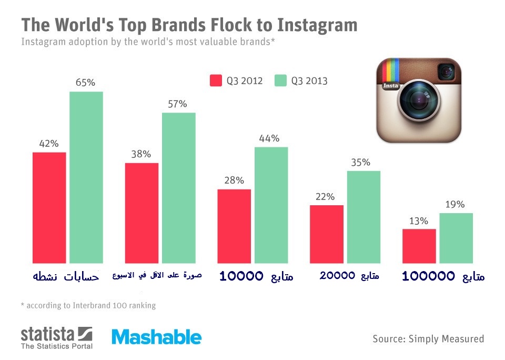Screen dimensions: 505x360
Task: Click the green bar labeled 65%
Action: tap(86, 177)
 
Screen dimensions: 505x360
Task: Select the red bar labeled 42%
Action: tap(49, 207)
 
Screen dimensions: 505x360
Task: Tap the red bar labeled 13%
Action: tap(419, 246)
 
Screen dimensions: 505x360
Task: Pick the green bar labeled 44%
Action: tap(271, 205)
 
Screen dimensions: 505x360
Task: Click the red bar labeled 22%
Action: tap(327, 234)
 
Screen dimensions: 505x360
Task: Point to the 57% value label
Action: tap(177, 104)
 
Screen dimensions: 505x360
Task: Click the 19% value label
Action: tap(455, 204)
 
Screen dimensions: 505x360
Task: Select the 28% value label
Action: tap(234, 180)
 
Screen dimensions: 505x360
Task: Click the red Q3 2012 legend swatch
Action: tap(216, 81)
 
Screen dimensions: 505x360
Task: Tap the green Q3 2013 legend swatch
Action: tap(280, 81)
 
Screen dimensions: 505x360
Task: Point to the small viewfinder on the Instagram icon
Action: tap(447, 72)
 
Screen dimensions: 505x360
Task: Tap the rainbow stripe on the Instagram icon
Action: tap(391, 70)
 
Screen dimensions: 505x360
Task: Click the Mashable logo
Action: tap(157, 337)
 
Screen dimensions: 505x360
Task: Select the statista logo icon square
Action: tap(85, 334)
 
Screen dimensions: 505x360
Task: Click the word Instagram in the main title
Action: tap(317, 25)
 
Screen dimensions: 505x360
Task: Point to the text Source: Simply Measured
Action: tap(428, 339)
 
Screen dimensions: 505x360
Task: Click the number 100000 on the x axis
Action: tap(428, 276)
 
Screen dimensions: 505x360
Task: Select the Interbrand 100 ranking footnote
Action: tap(88, 305)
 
